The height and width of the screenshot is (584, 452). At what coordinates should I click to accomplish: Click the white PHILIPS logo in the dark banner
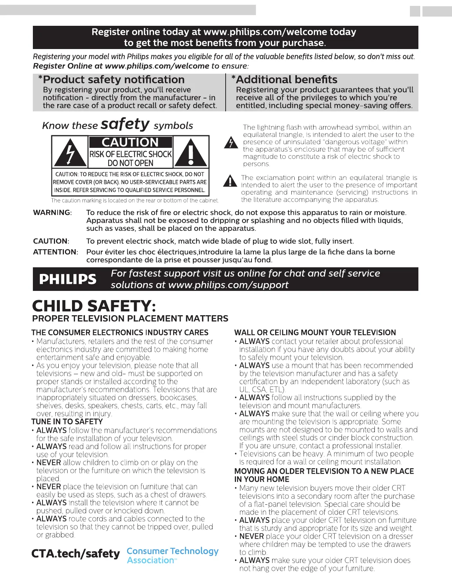68,279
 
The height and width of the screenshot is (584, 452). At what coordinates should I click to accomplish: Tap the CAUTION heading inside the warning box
130,142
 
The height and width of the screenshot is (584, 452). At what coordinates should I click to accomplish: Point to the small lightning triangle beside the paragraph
231,143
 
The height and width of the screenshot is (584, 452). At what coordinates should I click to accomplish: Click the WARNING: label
52,213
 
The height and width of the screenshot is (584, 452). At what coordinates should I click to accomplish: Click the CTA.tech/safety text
76,554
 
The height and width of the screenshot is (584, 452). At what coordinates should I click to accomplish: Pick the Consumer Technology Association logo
172,556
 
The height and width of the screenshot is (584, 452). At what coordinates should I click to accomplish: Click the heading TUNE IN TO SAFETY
67,422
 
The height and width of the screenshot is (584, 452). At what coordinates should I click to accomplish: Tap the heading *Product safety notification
111,80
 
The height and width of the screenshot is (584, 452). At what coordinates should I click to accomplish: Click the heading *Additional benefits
284,80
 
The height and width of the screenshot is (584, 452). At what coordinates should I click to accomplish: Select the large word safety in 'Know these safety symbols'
125,124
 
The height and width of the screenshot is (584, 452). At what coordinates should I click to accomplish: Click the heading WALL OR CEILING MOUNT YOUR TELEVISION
315,333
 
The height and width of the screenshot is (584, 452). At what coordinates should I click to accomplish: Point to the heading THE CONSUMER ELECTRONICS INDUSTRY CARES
120,333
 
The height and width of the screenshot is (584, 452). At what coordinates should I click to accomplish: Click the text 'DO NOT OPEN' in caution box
130,163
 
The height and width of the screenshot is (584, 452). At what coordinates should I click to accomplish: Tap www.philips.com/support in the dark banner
228,285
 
